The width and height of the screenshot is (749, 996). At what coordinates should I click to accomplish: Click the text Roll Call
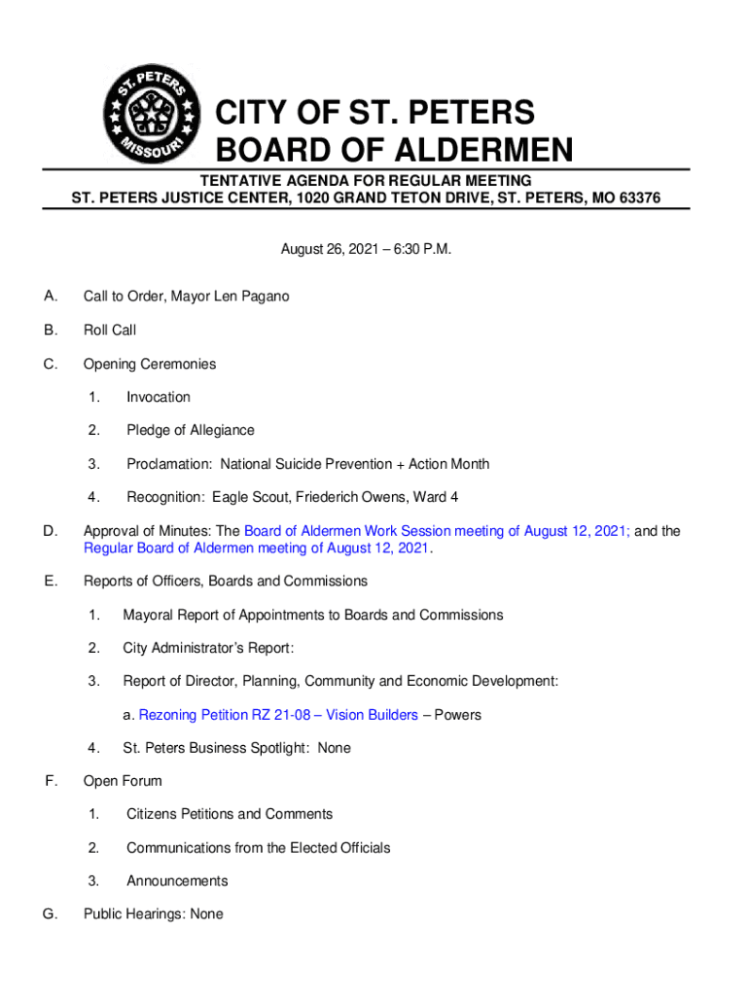point(110,330)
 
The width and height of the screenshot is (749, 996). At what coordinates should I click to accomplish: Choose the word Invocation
point(159,397)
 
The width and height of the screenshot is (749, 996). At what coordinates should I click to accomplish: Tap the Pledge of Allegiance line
point(191,430)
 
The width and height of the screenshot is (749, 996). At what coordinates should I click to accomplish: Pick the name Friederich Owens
point(343,497)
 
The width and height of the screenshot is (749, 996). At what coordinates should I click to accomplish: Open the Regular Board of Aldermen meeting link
point(256,549)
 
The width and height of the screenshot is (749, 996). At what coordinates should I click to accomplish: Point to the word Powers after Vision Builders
point(457,715)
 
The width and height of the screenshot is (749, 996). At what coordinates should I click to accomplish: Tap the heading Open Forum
point(123,781)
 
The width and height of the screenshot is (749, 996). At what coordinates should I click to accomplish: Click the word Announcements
point(177,881)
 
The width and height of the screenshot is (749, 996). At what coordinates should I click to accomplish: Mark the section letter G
point(50,914)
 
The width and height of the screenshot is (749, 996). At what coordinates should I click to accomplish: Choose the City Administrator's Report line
point(208,648)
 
